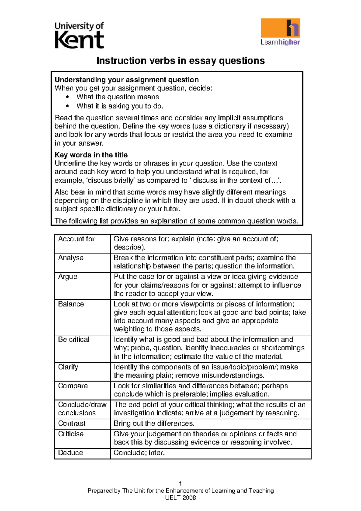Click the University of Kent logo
(x=79, y=35)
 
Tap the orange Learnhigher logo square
(x=280, y=28)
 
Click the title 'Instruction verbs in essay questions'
(x=180, y=61)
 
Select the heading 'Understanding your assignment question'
(x=127, y=80)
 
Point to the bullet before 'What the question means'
(x=67, y=97)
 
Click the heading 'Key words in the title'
(x=91, y=155)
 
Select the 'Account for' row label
(x=76, y=239)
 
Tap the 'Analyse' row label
(x=71, y=258)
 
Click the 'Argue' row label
(x=68, y=277)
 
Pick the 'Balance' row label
(x=71, y=304)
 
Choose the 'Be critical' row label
(x=74, y=339)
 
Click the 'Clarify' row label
(x=68, y=367)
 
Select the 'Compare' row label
(x=73, y=386)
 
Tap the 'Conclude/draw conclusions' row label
(x=82, y=409)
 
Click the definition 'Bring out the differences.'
(x=154, y=423)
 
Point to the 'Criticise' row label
(x=71, y=434)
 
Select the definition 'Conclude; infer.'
(x=139, y=453)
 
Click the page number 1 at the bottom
(x=180, y=484)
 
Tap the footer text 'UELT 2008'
(x=180, y=498)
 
